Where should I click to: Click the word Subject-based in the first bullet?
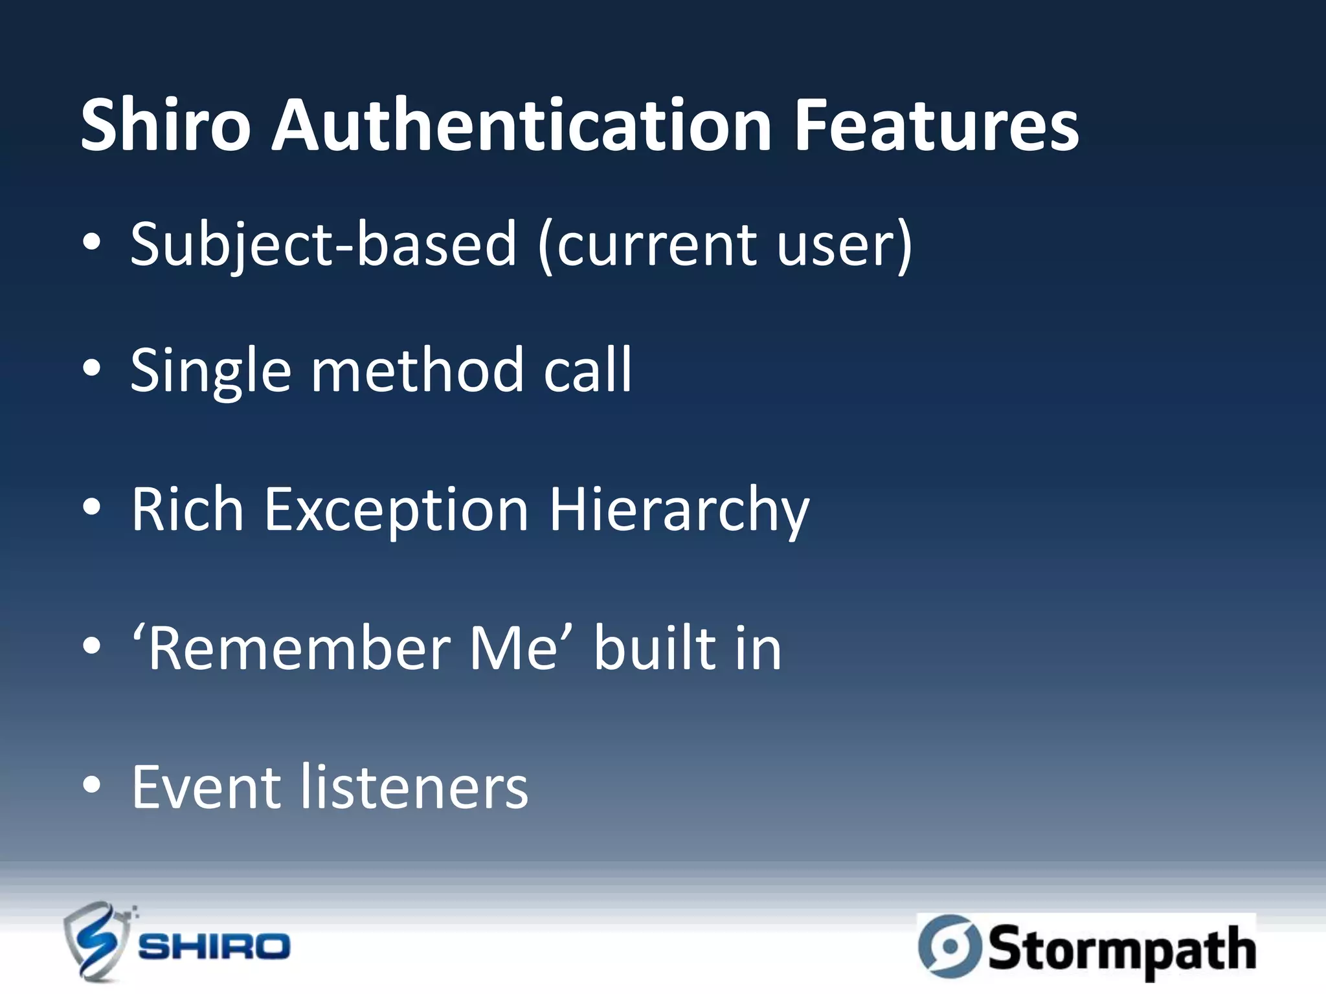tap(323, 246)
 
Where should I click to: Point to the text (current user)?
tap(725, 246)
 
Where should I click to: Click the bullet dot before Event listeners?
tap(92, 785)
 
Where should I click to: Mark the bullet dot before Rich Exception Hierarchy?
tap(92, 507)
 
